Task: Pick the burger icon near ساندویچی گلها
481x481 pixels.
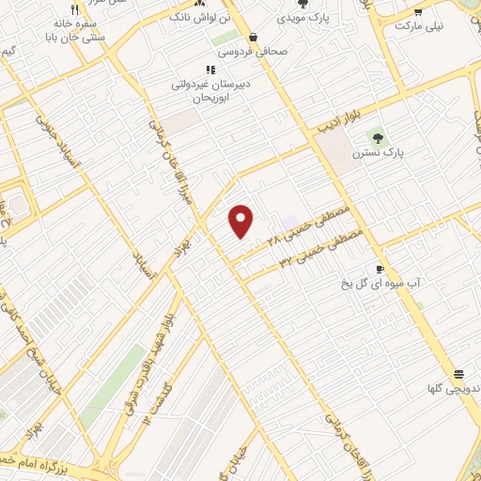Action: [458, 374]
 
